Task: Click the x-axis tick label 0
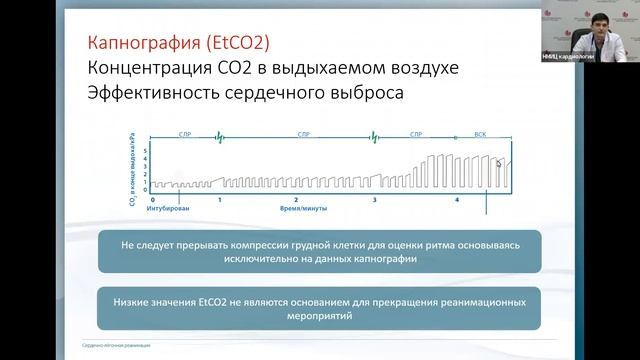[147, 200]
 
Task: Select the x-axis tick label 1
[219, 200]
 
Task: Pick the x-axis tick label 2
[296, 200]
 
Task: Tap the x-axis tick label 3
[374, 200]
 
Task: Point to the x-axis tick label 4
[456, 200]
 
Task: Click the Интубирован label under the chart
[168, 210]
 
